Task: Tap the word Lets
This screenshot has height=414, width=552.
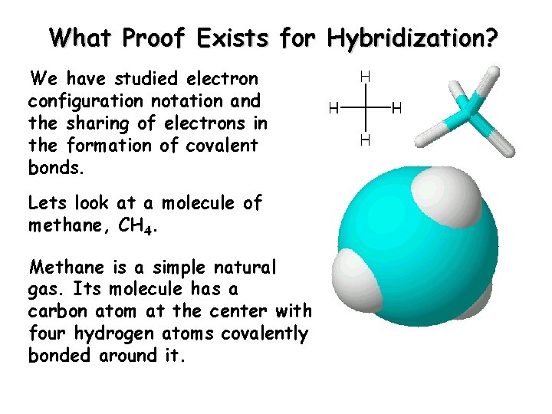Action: click(x=47, y=203)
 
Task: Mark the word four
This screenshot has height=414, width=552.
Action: click(x=47, y=334)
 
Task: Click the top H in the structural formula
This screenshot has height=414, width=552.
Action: click(x=365, y=77)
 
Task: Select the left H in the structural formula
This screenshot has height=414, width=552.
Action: click(x=333, y=108)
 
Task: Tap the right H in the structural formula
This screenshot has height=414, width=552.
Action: click(x=396, y=108)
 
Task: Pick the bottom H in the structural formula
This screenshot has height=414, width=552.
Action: click(x=365, y=140)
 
